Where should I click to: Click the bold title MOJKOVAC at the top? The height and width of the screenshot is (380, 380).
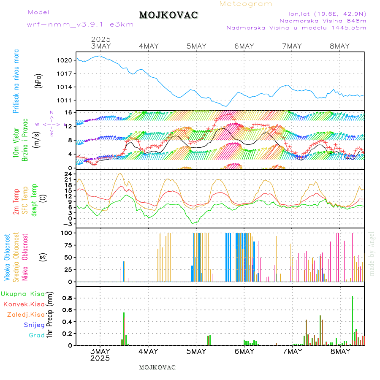click(x=168, y=15)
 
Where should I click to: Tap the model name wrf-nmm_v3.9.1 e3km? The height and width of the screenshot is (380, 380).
click(x=80, y=24)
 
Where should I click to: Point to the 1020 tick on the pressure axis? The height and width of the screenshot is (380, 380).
click(x=66, y=60)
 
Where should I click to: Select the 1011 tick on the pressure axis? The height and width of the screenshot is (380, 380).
click(x=66, y=100)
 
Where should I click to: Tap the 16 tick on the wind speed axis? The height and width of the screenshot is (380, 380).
click(x=68, y=112)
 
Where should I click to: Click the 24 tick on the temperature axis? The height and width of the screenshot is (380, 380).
click(x=68, y=174)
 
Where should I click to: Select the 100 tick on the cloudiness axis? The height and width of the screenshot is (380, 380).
click(x=66, y=233)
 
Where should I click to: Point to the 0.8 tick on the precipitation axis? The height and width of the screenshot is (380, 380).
click(x=67, y=298)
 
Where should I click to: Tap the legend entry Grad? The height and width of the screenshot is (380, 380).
click(x=37, y=335)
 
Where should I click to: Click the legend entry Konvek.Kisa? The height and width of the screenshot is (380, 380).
click(x=24, y=304)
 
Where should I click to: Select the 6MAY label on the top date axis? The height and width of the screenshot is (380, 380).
click(x=244, y=46)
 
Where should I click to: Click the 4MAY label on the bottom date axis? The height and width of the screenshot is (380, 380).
click(x=148, y=351)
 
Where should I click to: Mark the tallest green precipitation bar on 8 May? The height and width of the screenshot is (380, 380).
click(x=353, y=320)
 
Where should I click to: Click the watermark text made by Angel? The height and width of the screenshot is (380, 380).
click(x=372, y=253)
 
